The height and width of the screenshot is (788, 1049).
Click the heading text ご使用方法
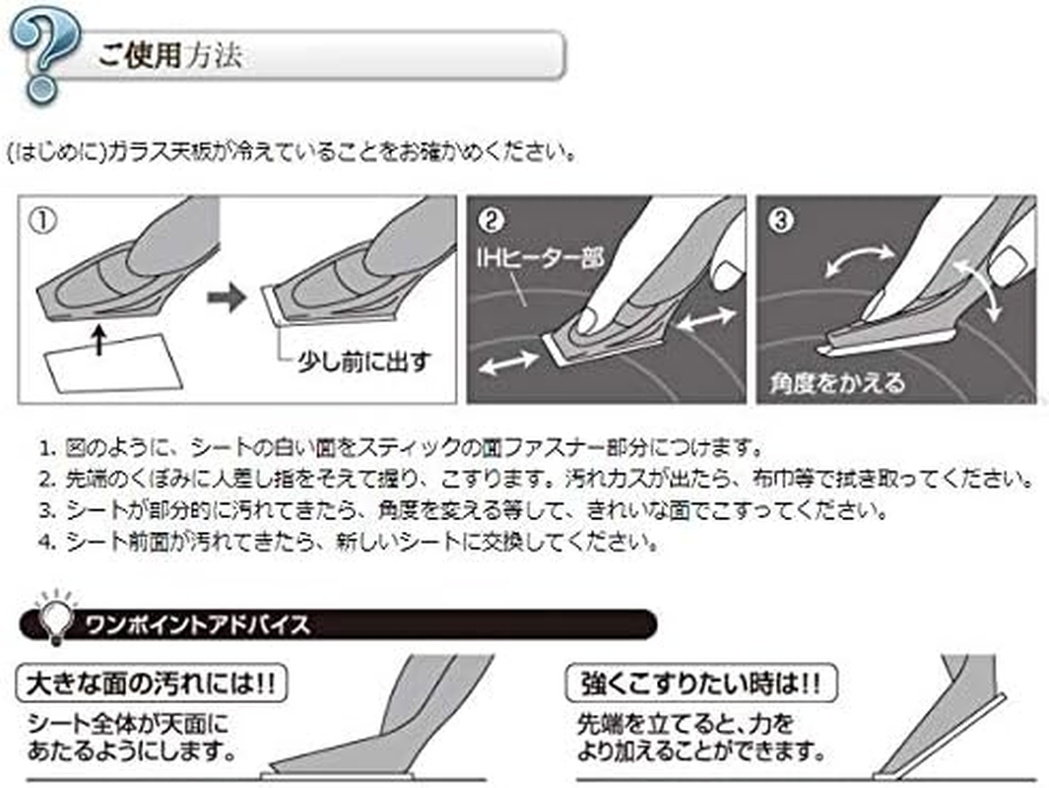click(170, 55)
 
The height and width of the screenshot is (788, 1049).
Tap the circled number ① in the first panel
click(44, 220)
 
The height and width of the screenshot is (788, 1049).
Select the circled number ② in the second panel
click(492, 221)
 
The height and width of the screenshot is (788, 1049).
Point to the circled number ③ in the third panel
click(781, 220)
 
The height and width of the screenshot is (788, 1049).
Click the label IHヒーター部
click(541, 257)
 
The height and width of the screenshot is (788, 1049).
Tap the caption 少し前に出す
click(362, 361)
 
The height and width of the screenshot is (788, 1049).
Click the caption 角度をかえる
click(837, 383)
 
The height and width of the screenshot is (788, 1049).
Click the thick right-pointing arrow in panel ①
click(227, 296)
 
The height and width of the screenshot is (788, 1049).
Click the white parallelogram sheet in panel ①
click(113, 361)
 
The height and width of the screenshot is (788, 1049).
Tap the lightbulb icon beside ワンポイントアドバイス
click(55, 617)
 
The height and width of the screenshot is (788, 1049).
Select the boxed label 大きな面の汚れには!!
click(152, 684)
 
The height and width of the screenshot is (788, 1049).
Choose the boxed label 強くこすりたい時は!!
click(701, 684)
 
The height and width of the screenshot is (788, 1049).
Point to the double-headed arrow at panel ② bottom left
click(509, 362)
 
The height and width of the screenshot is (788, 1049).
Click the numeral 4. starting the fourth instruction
click(47, 541)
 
